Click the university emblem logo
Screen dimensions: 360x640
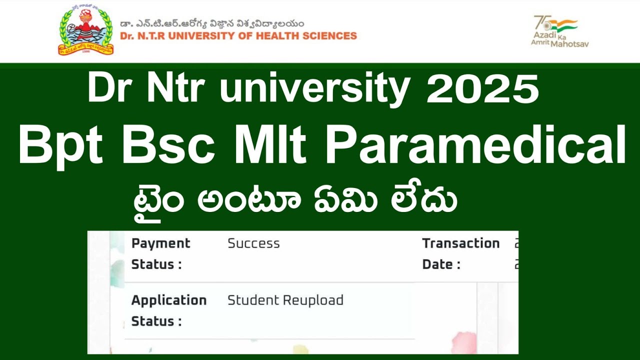(85, 31)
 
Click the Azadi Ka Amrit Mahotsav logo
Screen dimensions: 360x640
(559, 31)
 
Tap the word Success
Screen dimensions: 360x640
(253, 243)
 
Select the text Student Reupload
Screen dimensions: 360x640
(285, 300)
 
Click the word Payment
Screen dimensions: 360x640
(160, 243)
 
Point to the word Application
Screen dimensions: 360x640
(168, 300)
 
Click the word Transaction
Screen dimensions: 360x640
(460, 243)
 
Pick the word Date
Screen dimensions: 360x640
(437, 264)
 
